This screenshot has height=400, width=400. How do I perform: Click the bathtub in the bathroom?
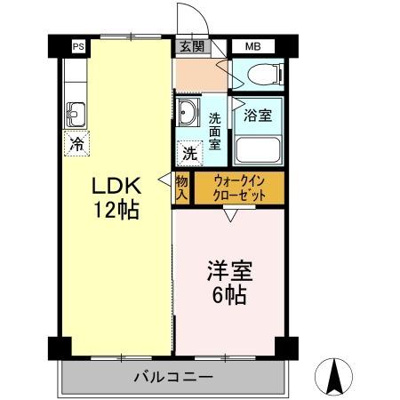(258, 148)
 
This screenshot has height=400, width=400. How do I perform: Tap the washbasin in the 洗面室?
(188, 114)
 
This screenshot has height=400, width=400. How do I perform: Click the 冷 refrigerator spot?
(76, 141)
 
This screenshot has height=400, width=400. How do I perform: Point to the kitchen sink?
(75, 114)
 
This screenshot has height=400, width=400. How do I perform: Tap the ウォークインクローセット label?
(237, 188)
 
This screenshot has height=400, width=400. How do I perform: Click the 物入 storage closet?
(182, 188)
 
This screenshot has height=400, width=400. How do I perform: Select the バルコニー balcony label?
(172, 377)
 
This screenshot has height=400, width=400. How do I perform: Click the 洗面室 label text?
(214, 132)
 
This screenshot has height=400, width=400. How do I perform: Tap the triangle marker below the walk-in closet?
(229, 215)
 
